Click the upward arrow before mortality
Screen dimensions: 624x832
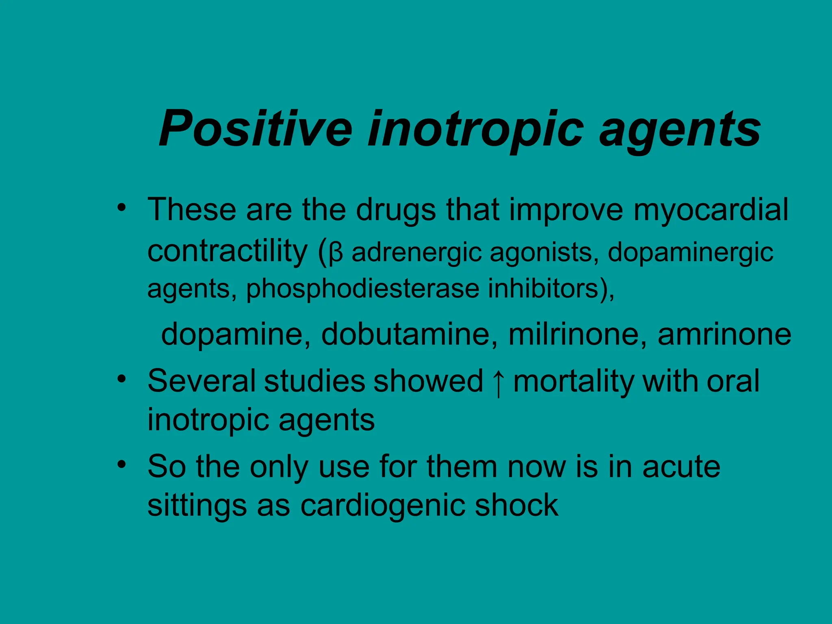[x=498, y=383]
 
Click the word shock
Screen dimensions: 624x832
[x=517, y=505]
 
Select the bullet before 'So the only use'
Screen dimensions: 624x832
[x=121, y=464]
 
